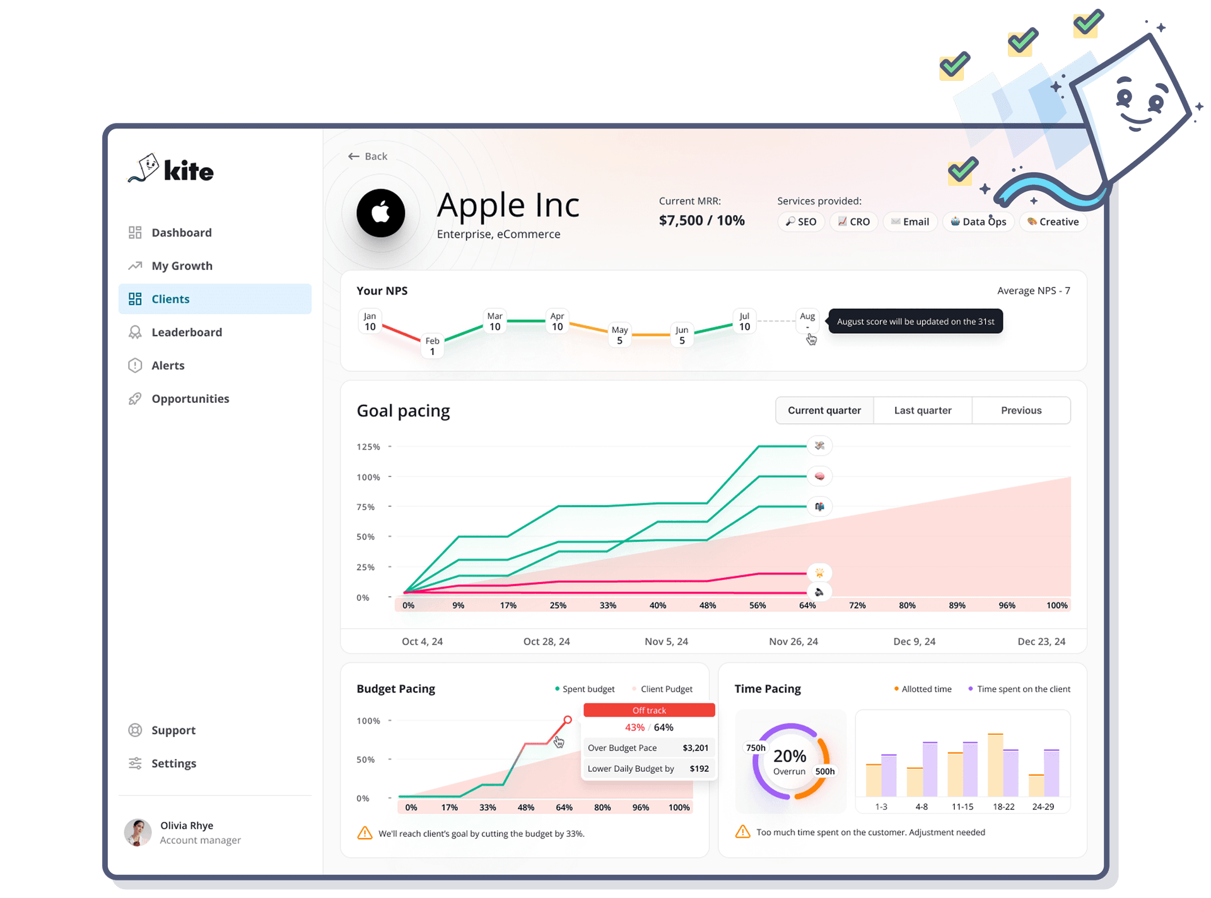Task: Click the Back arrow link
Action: click(368, 156)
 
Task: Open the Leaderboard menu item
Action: click(186, 332)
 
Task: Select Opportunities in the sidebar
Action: click(190, 399)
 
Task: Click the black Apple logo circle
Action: click(381, 213)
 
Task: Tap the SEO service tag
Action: click(801, 222)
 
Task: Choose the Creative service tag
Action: click(1053, 222)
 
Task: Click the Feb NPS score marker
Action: click(432, 346)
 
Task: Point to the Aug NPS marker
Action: click(807, 320)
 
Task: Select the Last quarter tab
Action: click(922, 411)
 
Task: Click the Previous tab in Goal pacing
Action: click(1021, 411)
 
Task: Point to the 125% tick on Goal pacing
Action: click(368, 447)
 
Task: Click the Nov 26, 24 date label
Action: click(793, 641)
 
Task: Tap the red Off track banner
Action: click(649, 711)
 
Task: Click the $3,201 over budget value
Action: click(695, 748)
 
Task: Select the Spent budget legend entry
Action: click(585, 689)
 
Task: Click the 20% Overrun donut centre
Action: click(790, 761)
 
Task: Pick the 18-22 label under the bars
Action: click(1003, 807)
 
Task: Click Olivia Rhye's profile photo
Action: click(138, 832)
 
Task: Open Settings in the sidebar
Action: click(173, 764)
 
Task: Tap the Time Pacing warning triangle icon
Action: click(743, 832)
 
